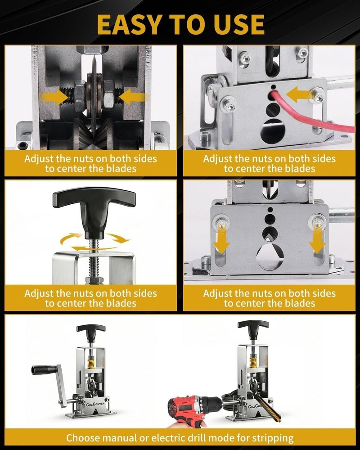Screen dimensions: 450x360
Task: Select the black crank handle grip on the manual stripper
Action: tap(42, 369)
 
